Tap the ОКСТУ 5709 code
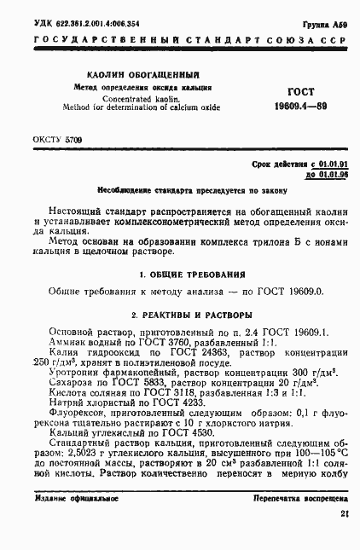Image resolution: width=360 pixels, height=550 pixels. tap(57, 137)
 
